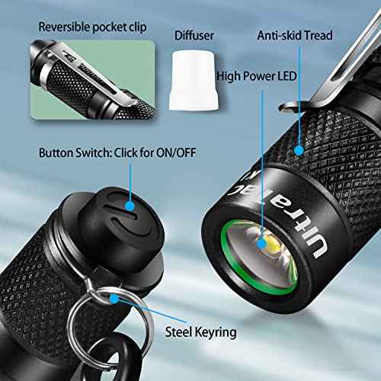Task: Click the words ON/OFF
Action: click(174, 152)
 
